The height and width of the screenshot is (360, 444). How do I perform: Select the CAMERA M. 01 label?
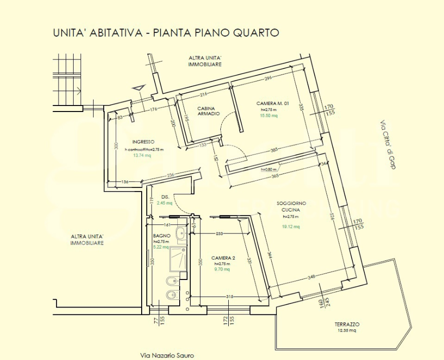click(x=272, y=103)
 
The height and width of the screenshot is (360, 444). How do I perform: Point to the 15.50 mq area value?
click(x=268, y=115)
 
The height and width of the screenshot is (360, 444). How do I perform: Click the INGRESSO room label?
click(x=143, y=141)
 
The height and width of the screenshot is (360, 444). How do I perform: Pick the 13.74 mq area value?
click(x=142, y=155)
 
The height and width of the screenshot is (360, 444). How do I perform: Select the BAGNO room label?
click(x=162, y=235)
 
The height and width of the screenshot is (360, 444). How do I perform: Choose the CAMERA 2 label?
click(x=223, y=258)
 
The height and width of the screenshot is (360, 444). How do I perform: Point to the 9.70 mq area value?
click(x=222, y=269)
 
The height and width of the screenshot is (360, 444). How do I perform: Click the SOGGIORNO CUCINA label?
click(x=291, y=207)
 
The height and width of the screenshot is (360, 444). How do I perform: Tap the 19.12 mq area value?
click(x=291, y=226)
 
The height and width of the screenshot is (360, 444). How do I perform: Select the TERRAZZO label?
click(x=347, y=324)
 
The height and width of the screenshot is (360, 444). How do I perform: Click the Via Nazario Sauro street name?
click(x=166, y=355)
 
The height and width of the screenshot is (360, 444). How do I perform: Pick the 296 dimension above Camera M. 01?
click(x=268, y=78)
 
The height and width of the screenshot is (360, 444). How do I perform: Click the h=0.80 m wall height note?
click(x=270, y=169)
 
